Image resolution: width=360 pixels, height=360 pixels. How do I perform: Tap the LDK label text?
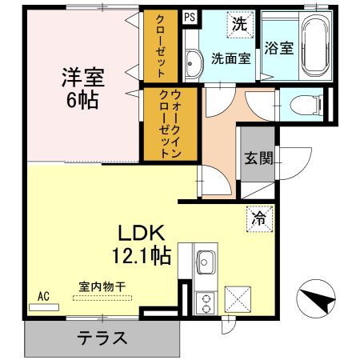click(x=142, y=234)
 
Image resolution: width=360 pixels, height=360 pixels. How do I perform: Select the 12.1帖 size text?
click(x=143, y=257)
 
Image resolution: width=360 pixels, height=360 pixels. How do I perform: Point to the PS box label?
click(x=189, y=16)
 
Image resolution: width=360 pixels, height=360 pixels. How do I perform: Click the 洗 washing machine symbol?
click(x=238, y=24)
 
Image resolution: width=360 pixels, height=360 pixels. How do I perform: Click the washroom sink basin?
click(x=193, y=62)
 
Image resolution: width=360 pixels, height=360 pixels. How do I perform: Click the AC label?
click(x=43, y=296)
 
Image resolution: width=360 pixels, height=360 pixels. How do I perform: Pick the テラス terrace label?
click(x=102, y=337)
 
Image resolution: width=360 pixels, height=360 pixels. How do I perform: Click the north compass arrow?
click(x=320, y=302)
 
